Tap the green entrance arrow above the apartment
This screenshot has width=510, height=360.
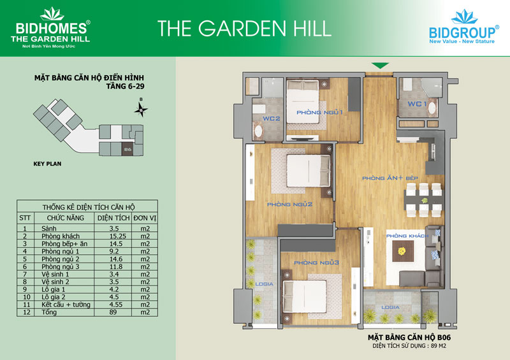(x=380, y=66)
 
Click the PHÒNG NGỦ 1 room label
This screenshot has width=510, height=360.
(x=319, y=113)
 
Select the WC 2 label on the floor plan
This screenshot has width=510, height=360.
(x=272, y=119)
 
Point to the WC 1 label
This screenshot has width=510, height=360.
(x=418, y=104)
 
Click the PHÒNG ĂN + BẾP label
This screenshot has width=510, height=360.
(x=390, y=178)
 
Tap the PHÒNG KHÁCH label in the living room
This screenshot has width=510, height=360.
(x=407, y=236)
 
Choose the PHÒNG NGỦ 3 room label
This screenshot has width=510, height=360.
(x=316, y=263)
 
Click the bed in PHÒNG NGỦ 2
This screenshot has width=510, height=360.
(x=308, y=171)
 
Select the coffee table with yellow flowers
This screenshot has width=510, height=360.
(x=403, y=251)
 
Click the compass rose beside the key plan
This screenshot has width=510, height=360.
(x=141, y=109)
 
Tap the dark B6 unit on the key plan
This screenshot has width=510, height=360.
(x=127, y=149)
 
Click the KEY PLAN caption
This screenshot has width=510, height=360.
(x=47, y=164)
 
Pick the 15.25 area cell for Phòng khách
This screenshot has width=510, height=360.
(x=117, y=236)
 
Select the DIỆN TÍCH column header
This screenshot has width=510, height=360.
(x=113, y=218)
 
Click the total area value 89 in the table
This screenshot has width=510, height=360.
(x=113, y=312)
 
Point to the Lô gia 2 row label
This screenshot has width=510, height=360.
(x=54, y=297)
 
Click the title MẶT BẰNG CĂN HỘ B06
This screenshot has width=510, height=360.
(x=409, y=338)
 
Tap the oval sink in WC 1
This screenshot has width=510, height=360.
(x=432, y=108)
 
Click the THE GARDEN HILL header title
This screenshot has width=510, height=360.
(x=244, y=28)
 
